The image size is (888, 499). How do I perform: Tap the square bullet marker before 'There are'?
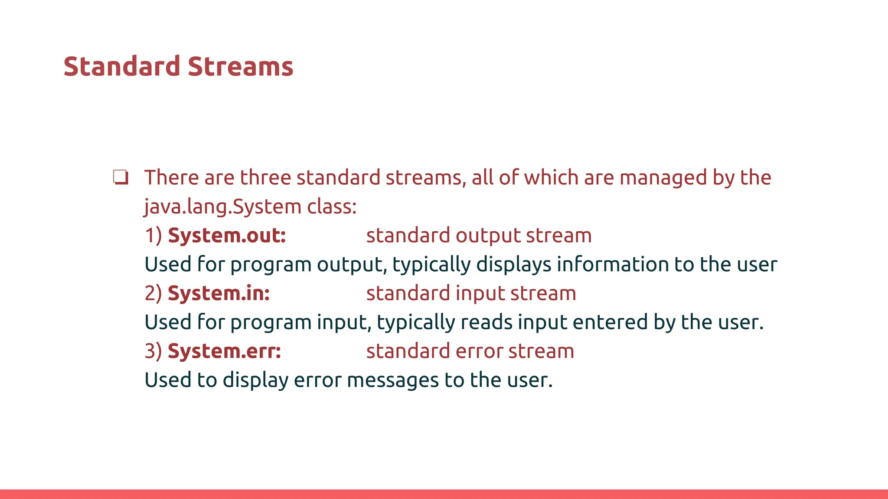(x=121, y=178)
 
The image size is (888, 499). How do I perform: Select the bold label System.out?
(x=227, y=235)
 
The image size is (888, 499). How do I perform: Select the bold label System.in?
(x=219, y=293)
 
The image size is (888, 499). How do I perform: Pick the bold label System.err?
(x=224, y=351)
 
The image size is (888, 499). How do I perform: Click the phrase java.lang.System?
(x=222, y=207)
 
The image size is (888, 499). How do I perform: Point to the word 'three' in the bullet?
(x=265, y=178)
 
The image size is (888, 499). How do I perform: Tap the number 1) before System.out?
(x=153, y=235)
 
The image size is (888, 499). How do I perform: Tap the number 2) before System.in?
(x=153, y=293)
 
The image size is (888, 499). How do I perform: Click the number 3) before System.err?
(x=153, y=351)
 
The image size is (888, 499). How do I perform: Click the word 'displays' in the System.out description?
(x=513, y=265)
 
